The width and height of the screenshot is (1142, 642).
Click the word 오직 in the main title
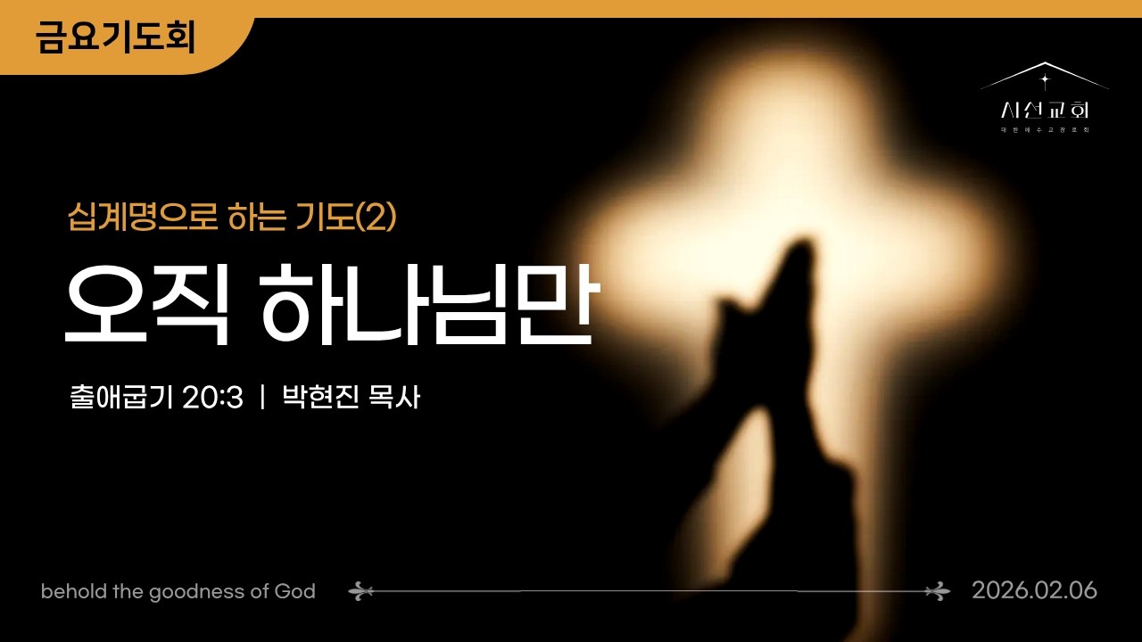click(x=142, y=305)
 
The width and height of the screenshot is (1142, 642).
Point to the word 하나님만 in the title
click(x=427, y=305)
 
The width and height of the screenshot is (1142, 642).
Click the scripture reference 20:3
click(x=212, y=398)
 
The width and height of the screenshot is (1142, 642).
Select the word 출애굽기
click(x=121, y=398)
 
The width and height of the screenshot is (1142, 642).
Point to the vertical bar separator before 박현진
click(x=262, y=398)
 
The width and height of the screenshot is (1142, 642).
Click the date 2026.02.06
click(x=1034, y=590)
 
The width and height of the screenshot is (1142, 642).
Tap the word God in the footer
click(x=295, y=591)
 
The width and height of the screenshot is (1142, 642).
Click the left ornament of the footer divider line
click(x=360, y=590)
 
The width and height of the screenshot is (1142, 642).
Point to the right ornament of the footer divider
click(x=938, y=590)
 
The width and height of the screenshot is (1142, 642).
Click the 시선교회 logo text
click(x=1045, y=111)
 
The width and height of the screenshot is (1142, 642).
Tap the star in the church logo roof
click(x=1045, y=78)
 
